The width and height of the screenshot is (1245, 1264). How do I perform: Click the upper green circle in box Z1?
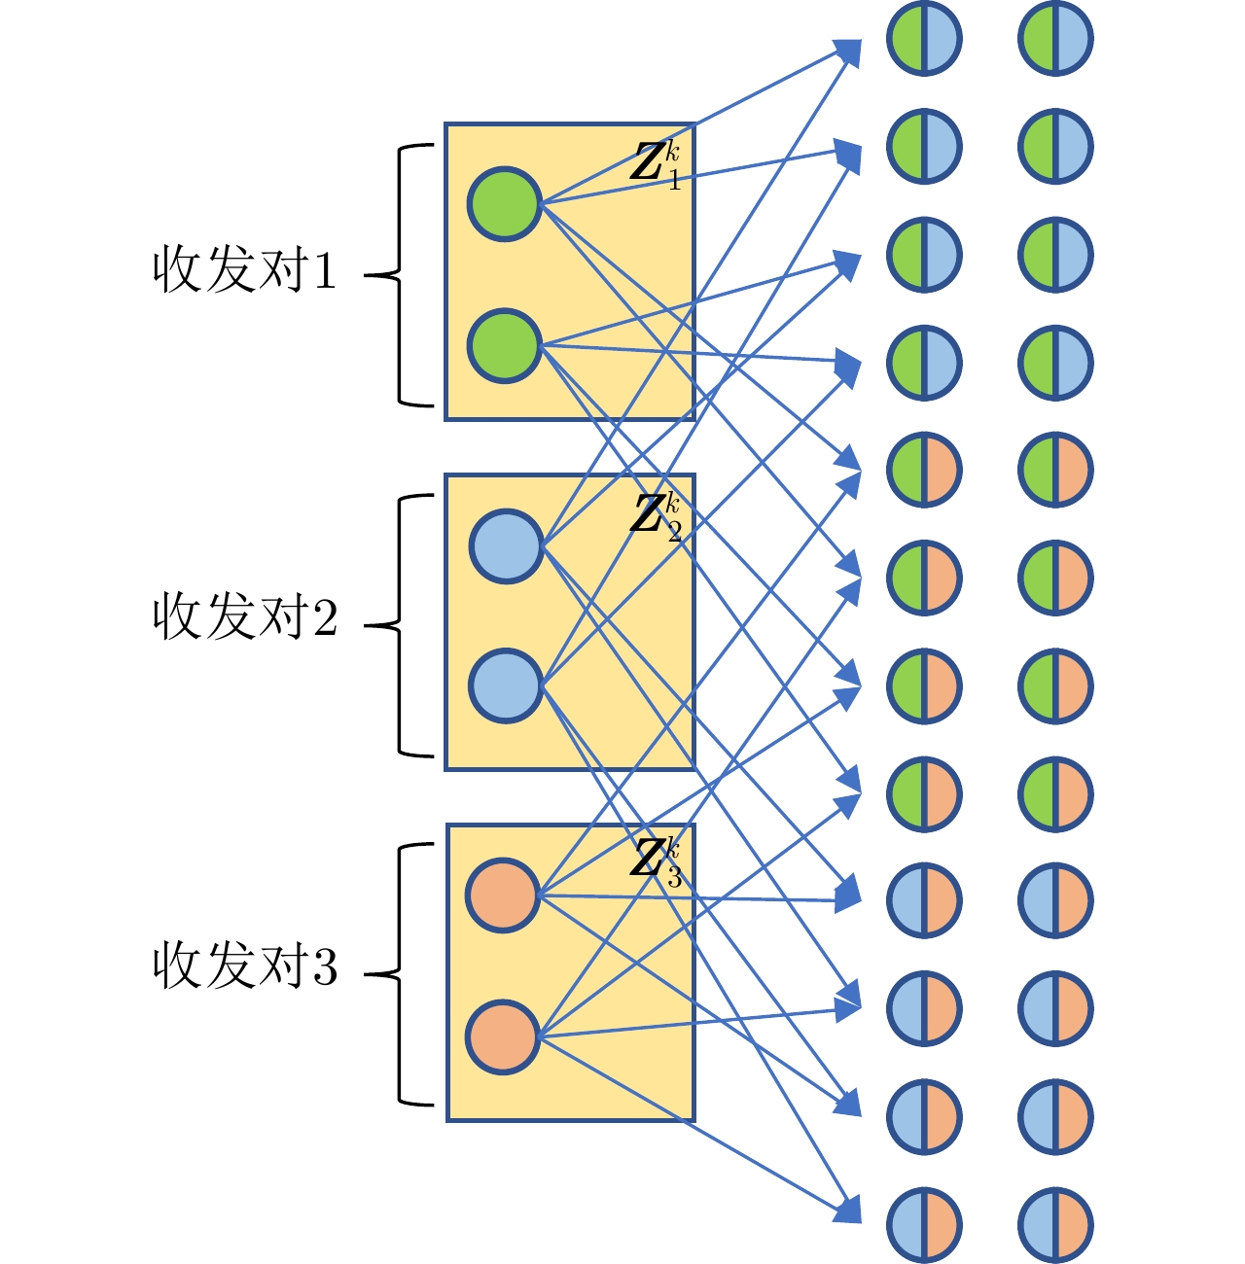point(504,204)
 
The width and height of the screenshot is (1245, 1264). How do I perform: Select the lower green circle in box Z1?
point(504,345)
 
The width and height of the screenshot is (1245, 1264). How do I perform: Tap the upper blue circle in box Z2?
point(506,546)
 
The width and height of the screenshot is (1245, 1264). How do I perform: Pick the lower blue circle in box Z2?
point(506,685)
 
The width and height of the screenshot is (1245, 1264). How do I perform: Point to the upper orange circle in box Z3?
point(503,895)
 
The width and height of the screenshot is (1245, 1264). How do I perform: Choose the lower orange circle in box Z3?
point(503,1037)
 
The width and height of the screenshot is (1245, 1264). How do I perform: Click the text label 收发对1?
point(244,271)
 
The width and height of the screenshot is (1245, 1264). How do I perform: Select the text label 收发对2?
point(244,616)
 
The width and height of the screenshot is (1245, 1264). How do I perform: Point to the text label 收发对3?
point(244,966)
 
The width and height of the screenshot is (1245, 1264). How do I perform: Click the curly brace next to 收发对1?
point(397,275)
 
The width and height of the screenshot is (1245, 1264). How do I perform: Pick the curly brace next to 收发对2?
point(397,625)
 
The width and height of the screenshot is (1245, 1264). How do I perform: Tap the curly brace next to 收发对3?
point(397,973)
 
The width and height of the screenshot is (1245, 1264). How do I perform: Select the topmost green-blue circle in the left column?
point(924,39)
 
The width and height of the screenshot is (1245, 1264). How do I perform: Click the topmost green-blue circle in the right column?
point(1055,39)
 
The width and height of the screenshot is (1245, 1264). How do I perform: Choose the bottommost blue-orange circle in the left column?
point(924,1224)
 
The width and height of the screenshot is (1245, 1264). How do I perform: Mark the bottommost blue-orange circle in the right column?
point(1055,1224)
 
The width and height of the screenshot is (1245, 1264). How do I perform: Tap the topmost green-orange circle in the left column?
point(924,470)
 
